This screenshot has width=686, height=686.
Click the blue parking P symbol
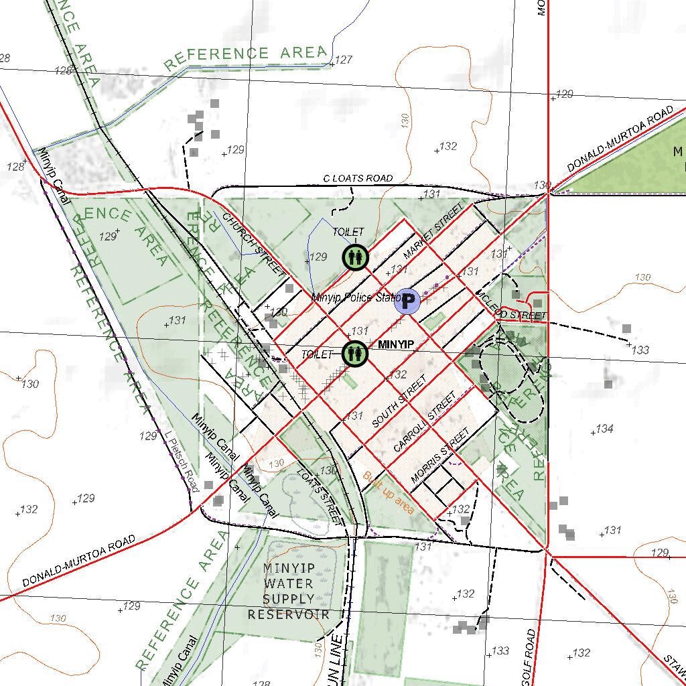(x=407, y=301)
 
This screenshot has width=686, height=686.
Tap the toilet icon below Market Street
(x=354, y=257)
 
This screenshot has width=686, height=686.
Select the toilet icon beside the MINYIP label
(x=354, y=353)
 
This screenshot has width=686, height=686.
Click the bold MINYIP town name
(x=396, y=345)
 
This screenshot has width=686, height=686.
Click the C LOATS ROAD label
(x=358, y=178)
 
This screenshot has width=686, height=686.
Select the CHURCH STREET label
(x=254, y=244)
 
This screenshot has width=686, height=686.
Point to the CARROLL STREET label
(x=425, y=421)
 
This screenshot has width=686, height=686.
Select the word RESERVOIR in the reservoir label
(x=288, y=614)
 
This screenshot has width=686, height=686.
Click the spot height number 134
(x=604, y=429)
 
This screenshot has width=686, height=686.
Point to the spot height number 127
(x=343, y=60)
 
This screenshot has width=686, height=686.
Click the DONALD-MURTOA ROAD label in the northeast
(x=620, y=139)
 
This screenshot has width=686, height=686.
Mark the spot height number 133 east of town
(x=640, y=350)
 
